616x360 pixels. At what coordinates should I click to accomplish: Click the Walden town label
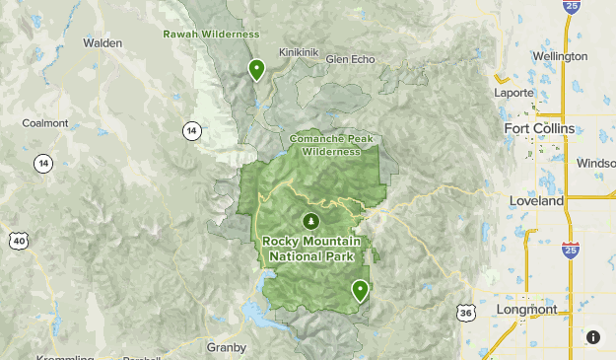(103, 43)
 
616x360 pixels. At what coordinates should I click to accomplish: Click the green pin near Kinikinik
(256, 69)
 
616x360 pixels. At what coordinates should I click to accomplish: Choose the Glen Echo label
(350, 59)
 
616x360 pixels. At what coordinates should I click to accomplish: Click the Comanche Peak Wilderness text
(331, 145)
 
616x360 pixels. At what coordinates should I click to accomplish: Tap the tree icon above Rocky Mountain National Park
(311, 220)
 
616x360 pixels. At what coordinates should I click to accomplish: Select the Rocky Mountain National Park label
(311, 249)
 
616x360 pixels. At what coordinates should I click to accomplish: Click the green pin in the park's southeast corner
(361, 290)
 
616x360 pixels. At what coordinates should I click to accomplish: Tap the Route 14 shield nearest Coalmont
(43, 164)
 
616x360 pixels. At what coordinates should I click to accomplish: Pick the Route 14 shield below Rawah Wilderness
(190, 130)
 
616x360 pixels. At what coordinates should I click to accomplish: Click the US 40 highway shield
(20, 240)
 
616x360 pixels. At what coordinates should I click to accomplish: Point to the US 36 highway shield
(464, 312)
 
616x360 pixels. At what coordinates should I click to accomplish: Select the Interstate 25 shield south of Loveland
(571, 250)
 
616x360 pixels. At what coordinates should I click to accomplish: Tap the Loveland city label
(536, 200)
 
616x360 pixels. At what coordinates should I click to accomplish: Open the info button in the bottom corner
(592, 337)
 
